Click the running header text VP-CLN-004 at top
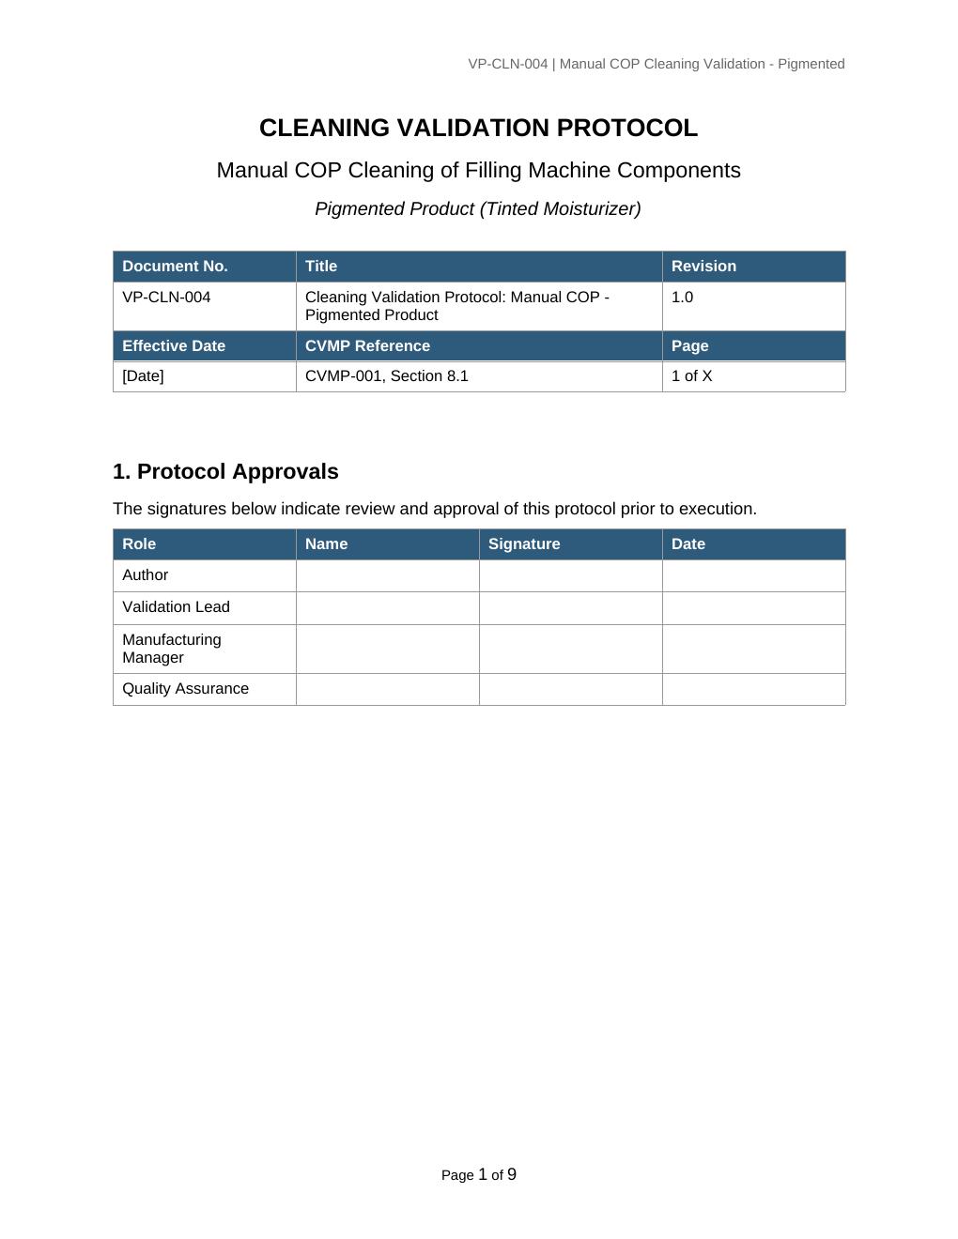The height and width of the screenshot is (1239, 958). tap(656, 64)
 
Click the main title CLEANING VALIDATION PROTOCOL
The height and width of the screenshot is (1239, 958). tap(478, 128)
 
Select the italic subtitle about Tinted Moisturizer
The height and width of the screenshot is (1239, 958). tap(478, 208)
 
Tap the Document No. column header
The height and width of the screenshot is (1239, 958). tap(175, 267)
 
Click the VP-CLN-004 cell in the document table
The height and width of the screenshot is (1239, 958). tap(166, 298)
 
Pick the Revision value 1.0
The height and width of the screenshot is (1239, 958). tap(683, 298)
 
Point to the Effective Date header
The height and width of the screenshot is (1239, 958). tap(174, 346)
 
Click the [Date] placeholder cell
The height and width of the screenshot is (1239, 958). tap(143, 376)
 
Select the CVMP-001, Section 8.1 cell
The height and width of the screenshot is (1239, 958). tap(386, 376)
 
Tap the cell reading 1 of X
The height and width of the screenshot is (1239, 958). tap(691, 376)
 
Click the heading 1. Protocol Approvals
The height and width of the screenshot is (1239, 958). tap(225, 471)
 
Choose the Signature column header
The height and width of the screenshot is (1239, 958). tap(524, 544)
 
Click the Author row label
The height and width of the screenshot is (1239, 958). tap(146, 575)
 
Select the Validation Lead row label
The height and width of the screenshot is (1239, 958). tap(176, 607)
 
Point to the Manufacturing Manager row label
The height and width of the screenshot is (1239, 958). tap(172, 649)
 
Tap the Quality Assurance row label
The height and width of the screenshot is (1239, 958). tap(185, 689)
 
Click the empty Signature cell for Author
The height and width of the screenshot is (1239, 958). tap(570, 575)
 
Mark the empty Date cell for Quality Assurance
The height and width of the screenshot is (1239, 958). tap(753, 689)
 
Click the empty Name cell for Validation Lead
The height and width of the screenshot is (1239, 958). tap(387, 607)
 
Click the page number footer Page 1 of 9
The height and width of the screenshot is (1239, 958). tap(478, 1175)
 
